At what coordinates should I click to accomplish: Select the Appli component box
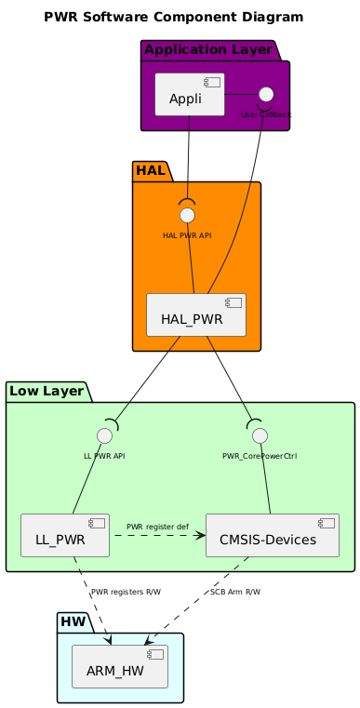(189, 94)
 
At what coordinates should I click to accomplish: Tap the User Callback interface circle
(266, 93)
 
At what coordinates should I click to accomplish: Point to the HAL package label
(151, 170)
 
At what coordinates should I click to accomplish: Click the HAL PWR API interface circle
(187, 215)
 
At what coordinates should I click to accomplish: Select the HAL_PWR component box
(195, 314)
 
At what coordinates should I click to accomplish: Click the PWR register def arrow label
(157, 528)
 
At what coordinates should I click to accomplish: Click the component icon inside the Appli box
(213, 83)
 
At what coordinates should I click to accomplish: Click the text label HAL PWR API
(187, 235)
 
